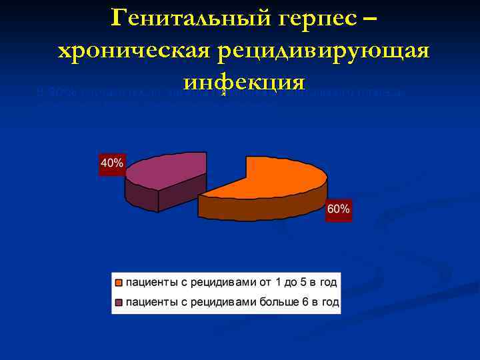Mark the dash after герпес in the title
click(371, 19)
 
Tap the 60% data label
click(338, 209)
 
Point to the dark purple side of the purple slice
click(143, 197)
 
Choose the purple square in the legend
click(119, 303)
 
